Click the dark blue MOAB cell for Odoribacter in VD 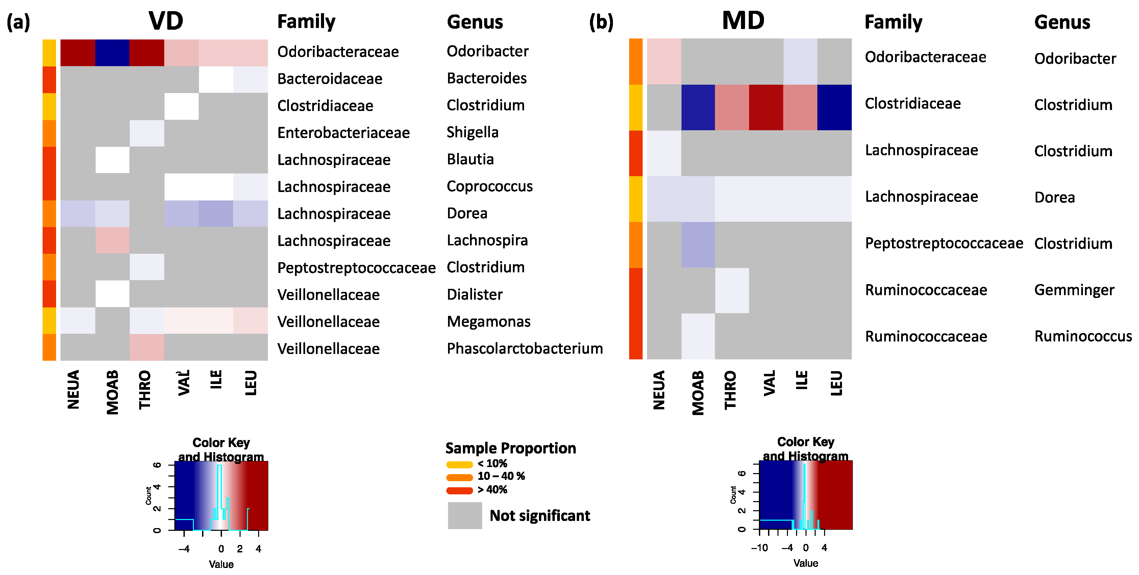coord(112,53)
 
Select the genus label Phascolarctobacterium coord(524,349)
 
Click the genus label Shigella coord(472,132)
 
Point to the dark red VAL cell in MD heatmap coord(766,107)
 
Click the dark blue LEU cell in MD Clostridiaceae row coord(834,107)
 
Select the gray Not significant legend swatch coord(464,515)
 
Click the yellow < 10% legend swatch coord(460,464)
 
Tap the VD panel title coord(166,21)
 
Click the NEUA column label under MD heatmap coord(659,390)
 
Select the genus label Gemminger coord(1074,290)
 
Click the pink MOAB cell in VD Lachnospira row coord(112,240)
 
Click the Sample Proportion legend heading coord(510,448)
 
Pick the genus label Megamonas coord(488,322)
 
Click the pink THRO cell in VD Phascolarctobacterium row coord(147,347)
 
